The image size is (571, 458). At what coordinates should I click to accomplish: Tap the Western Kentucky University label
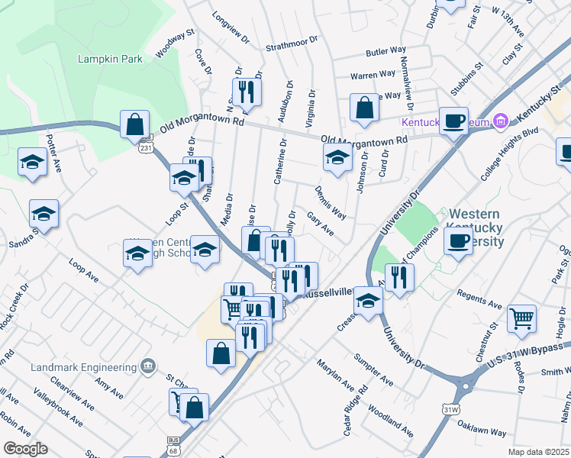pos(477,228)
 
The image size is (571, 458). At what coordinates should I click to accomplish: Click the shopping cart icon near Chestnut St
pos(521,318)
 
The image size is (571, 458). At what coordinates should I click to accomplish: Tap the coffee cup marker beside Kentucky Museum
pos(454,121)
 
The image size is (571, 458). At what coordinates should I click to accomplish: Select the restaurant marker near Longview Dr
pos(247,92)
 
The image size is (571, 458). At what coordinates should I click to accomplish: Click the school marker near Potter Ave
pos(32,163)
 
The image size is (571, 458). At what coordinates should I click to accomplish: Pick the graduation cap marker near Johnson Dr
pos(337,158)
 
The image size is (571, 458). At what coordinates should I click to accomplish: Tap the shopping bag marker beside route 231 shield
pos(134,124)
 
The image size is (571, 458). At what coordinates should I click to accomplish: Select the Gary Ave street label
pos(320,224)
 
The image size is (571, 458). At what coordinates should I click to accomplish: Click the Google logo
pos(25,449)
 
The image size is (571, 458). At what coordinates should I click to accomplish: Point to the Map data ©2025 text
pos(538,452)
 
